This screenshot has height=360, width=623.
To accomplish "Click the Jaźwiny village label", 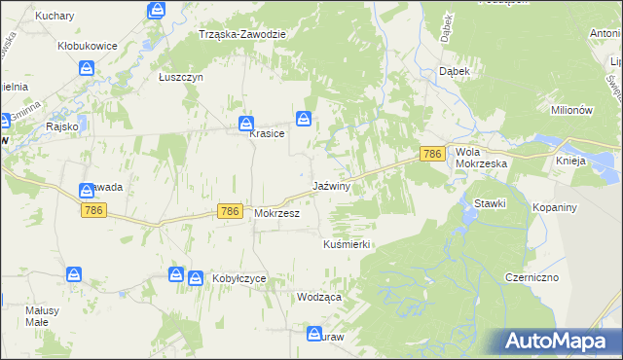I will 331,185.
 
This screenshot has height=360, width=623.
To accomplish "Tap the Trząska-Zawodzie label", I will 241,34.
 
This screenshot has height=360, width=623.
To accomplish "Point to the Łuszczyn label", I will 179,76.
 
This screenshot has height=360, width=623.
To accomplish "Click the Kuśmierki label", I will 348,245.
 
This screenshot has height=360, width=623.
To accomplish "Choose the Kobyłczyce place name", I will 238,278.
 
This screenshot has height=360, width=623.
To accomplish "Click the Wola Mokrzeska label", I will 482,158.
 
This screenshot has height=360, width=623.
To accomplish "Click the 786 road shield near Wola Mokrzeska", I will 433,154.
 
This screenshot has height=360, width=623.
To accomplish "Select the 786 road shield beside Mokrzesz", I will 230,211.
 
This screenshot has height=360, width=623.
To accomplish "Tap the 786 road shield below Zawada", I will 93,211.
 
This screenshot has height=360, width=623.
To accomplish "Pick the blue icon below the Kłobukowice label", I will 86,68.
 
